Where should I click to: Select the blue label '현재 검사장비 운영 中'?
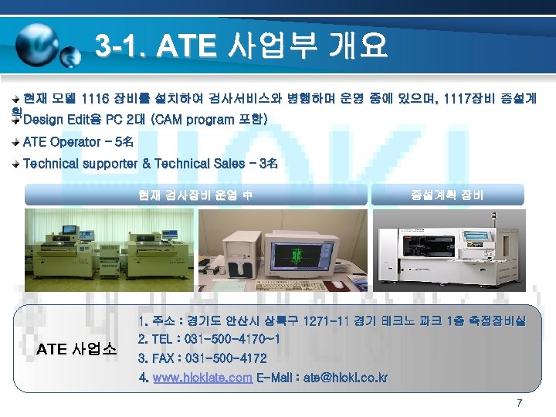coord(195,194)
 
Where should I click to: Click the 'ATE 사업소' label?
coord(76,349)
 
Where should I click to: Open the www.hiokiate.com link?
coord(202,378)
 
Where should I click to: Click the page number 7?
coord(519,403)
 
